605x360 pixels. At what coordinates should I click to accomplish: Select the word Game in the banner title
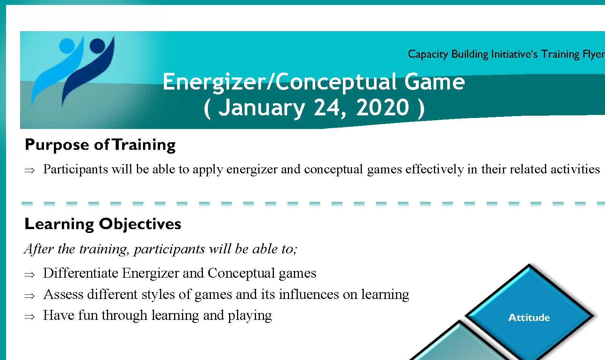pos(435,82)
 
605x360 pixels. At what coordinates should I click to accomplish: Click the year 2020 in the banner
pos(383,107)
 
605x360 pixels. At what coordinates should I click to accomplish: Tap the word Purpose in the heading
pos(57,145)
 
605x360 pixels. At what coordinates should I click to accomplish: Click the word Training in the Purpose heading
pos(144,145)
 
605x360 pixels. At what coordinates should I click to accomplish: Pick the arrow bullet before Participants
pos(30,170)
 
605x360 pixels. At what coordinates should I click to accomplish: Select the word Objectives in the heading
pos(140,224)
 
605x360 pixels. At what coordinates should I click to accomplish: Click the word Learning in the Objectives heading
pos(59,224)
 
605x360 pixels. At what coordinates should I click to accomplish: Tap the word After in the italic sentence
pos(39,248)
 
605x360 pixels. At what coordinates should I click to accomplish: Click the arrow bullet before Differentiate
pos(30,275)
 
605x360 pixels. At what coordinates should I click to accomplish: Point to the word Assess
pos(63,294)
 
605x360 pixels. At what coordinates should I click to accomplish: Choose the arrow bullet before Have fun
pos(30,317)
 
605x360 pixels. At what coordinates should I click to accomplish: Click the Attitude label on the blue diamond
pos(529,318)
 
